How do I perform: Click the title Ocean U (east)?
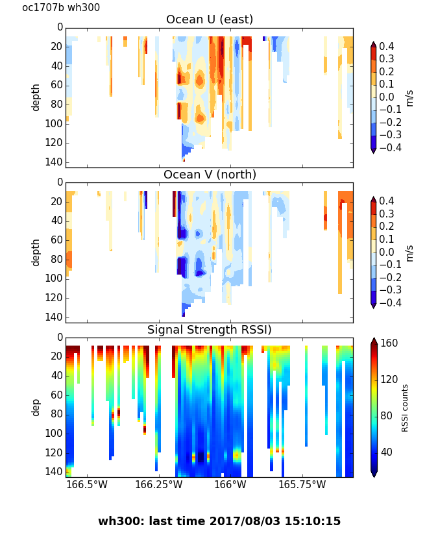(210, 19)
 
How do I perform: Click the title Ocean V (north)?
(210, 175)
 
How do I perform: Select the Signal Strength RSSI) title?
(210, 330)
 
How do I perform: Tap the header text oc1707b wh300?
(61, 8)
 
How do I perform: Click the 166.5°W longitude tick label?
(87, 484)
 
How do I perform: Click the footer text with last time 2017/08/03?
(219, 521)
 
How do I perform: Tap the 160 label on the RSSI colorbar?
(389, 343)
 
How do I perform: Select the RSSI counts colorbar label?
(406, 408)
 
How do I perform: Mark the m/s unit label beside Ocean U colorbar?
(409, 97)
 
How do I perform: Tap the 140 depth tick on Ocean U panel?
(55, 162)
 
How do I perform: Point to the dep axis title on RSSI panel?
(36, 407)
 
